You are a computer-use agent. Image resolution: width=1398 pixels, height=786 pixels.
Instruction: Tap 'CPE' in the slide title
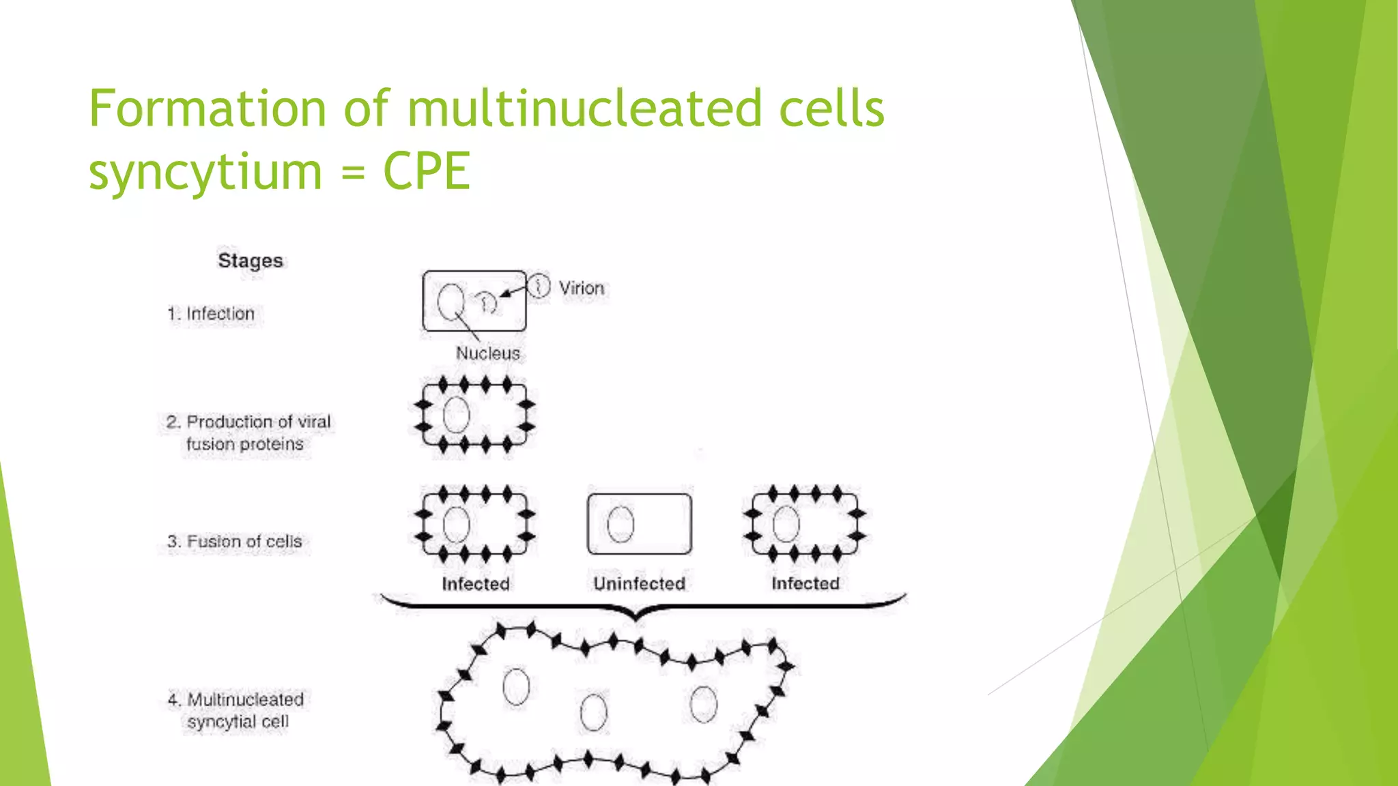(427, 171)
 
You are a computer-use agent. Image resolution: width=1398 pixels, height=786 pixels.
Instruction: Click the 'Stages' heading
(250, 261)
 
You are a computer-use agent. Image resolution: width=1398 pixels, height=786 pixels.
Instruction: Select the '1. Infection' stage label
(211, 314)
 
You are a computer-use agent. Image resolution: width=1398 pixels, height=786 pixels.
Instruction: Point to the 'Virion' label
(582, 288)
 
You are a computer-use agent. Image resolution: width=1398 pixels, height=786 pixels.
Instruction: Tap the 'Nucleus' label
(487, 353)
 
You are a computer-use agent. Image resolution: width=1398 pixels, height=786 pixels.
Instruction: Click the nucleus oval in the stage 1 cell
(451, 302)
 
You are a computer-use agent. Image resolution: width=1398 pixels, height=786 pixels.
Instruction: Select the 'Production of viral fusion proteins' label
(248, 433)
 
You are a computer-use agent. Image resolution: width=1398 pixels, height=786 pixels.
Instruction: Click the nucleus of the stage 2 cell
(456, 415)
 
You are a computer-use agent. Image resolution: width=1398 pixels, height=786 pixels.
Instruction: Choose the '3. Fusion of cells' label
(234, 542)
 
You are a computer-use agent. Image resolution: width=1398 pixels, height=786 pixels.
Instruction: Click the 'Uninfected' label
(639, 583)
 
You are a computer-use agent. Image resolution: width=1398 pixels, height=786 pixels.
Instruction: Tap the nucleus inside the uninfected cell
(620, 524)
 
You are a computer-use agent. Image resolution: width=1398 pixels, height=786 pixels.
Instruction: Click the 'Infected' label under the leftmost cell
(475, 584)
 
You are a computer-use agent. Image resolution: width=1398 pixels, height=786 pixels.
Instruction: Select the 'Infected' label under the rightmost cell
(805, 583)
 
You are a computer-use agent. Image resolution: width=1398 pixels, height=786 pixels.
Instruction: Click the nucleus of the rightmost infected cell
(786, 524)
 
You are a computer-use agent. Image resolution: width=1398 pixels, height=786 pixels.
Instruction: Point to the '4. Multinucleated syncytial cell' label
(236, 710)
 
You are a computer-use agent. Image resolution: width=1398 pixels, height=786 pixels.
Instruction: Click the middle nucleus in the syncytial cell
(593, 712)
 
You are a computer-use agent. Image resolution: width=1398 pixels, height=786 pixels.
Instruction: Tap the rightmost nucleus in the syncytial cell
(703, 704)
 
